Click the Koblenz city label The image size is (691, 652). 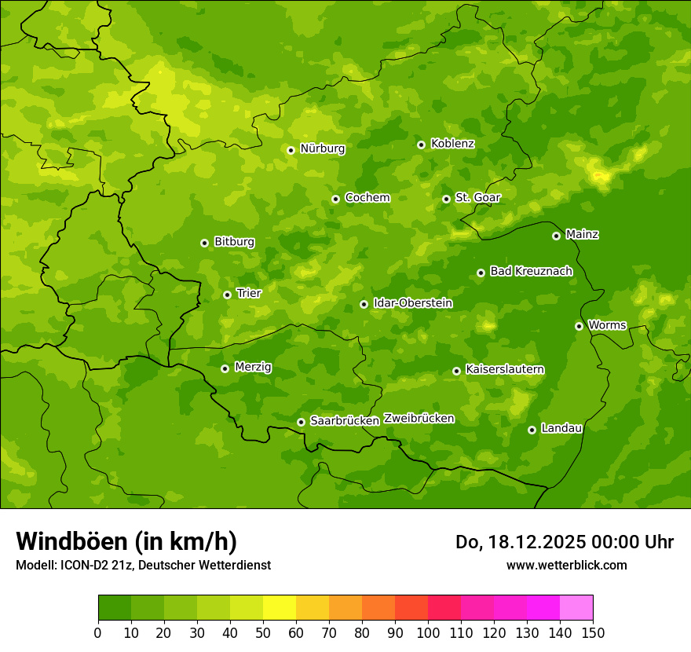pos(452,144)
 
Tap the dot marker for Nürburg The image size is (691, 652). pos(291,150)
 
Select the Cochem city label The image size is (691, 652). pos(367,198)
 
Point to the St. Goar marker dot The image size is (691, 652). pos(446,199)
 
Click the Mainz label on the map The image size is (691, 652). pos(582,235)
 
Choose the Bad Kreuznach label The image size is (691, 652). pos(531,271)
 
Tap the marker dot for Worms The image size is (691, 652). pos(579,326)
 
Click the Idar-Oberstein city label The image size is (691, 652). pos(412,303)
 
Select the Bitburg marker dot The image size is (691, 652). pos(204,243)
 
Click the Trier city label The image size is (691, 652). pos(248,293)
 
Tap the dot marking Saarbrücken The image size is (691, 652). pos(301,422)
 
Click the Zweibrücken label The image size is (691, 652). pos(419,419)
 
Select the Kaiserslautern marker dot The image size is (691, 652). pos(456,371)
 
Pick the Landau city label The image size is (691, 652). pos(561,428)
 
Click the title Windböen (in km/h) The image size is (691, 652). pos(126,541)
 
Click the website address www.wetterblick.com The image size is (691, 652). pos(566,565)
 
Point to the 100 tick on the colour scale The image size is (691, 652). pos(428,632)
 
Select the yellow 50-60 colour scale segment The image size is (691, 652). pos(280,608)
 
